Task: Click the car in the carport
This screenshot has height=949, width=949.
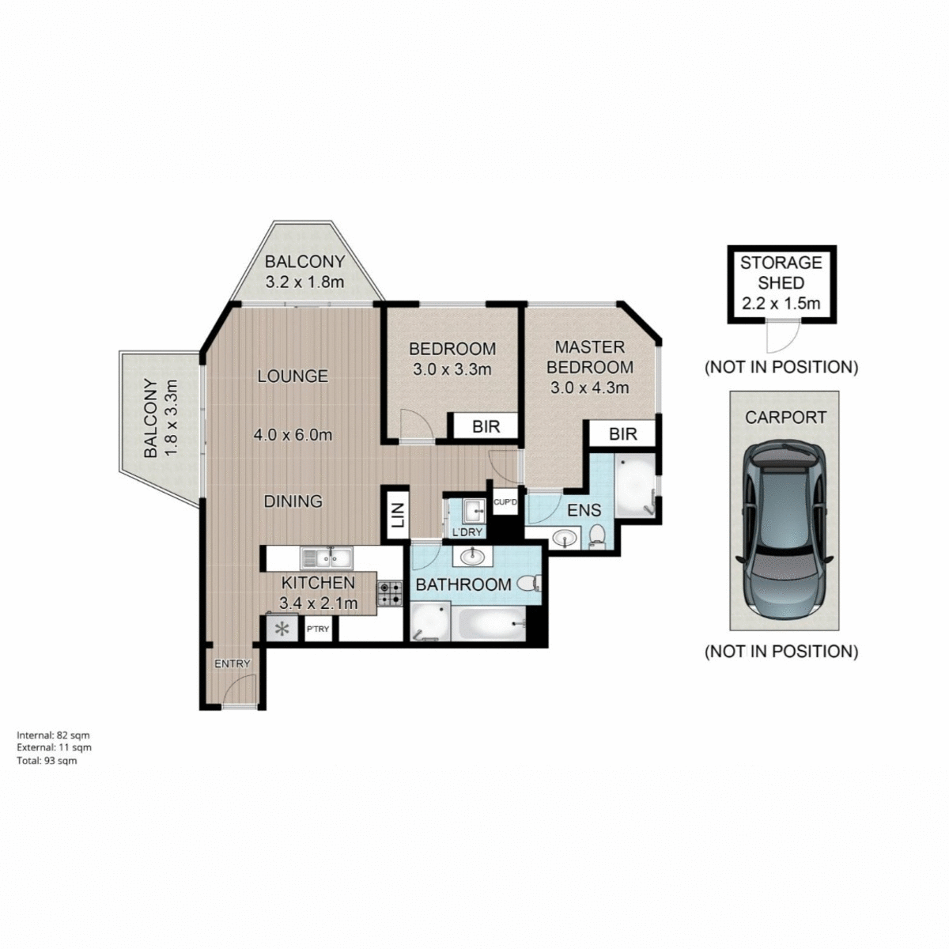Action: pyautogui.click(x=784, y=532)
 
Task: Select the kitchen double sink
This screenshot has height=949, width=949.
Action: pyautogui.click(x=327, y=558)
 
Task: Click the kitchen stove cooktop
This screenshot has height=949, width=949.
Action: pyautogui.click(x=389, y=594)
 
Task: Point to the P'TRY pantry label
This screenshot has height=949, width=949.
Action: pyautogui.click(x=318, y=630)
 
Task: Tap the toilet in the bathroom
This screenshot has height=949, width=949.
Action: pyautogui.click(x=529, y=584)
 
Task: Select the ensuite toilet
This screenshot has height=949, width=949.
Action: pyautogui.click(x=597, y=535)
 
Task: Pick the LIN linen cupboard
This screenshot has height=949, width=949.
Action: pyautogui.click(x=397, y=515)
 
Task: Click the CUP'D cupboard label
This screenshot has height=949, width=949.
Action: pyautogui.click(x=505, y=501)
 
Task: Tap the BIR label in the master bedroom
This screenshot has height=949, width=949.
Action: pyautogui.click(x=623, y=433)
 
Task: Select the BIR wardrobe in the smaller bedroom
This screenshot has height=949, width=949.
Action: pyautogui.click(x=486, y=426)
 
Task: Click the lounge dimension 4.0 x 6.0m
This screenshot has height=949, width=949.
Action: pyautogui.click(x=293, y=434)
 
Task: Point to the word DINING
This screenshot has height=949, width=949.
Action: pyautogui.click(x=293, y=501)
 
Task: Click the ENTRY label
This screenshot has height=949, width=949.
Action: pyautogui.click(x=233, y=664)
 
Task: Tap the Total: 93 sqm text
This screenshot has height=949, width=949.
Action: pyautogui.click(x=47, y=761)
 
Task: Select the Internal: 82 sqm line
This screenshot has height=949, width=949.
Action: pyautogui.click(x=53, y=735)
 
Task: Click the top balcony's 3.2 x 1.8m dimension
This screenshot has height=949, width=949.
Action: pyautogui.click(x=304, y=281)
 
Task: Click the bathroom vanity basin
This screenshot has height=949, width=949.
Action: pyautogui.click(x=473, y=556)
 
